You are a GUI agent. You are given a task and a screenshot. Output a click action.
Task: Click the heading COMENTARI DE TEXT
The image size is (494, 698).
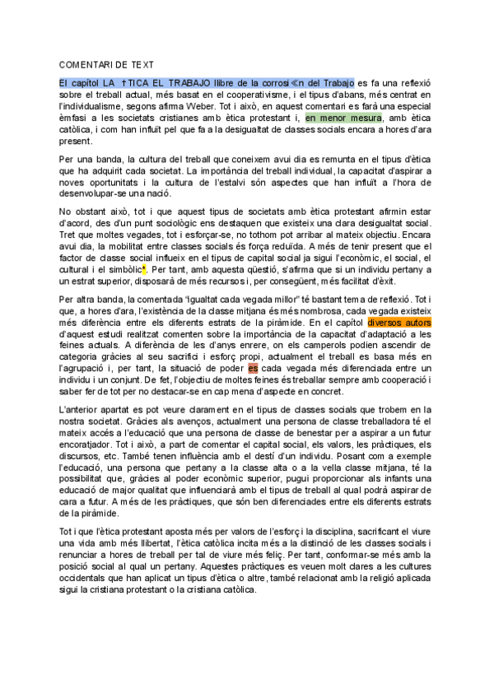tap(106, 64)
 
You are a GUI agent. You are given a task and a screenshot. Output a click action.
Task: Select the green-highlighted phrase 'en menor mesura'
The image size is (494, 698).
tap(343, 119)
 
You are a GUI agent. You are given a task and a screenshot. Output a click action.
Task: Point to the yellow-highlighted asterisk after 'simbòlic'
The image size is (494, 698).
tap(143, 269)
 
